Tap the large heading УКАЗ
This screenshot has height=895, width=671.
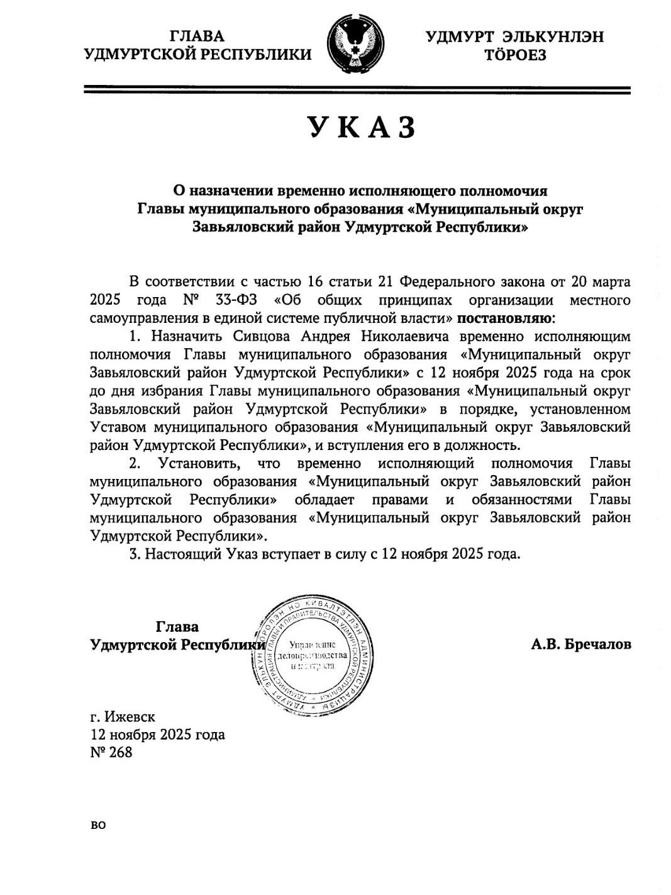click(363, 128)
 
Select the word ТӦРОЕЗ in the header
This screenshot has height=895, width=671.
click(514, 55)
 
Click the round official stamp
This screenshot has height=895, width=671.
click(311, 655)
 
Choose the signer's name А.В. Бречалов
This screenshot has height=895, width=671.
click(580, 645)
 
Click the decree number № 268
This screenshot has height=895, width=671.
click(112, 751)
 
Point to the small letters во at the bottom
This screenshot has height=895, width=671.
click(98, 825)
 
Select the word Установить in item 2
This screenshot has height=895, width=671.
click(199, 464)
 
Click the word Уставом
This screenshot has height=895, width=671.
click(119, 427)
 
